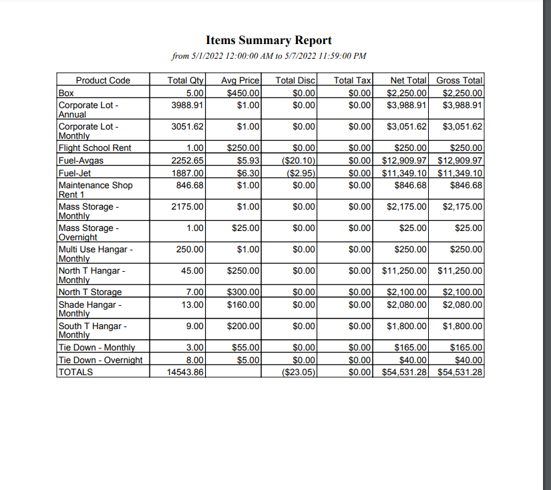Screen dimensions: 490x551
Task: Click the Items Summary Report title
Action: (268, 41)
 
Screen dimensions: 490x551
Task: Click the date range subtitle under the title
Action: (268, 56)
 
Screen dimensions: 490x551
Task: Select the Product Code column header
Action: (103, 80)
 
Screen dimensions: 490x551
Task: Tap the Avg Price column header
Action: (240, 80)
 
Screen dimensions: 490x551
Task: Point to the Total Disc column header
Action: (295, 80)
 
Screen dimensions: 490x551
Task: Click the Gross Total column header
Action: (460, 80)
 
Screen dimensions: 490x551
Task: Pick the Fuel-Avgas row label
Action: (81, 161)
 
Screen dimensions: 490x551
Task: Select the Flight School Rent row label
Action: (95, 148)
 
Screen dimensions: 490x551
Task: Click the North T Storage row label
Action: (90, 292)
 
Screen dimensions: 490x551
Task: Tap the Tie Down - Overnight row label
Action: (100, 360)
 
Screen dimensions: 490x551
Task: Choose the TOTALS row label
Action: (75, 372)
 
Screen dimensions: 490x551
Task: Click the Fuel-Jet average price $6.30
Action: (248, 173)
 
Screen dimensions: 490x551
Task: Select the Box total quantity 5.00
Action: (194, 93)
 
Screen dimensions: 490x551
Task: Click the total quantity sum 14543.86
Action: (186, 372)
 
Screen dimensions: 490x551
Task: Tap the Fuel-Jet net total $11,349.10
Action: (404, 173)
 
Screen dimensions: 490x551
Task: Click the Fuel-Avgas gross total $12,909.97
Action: (460, 161)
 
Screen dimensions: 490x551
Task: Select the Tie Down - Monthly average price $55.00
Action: (246, 347)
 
